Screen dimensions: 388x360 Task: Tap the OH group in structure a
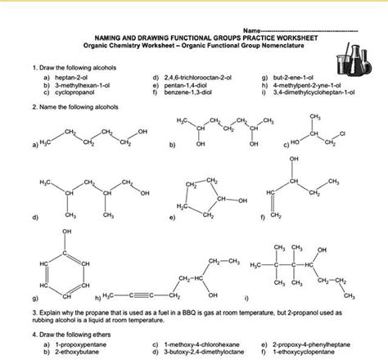(143, 130)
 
